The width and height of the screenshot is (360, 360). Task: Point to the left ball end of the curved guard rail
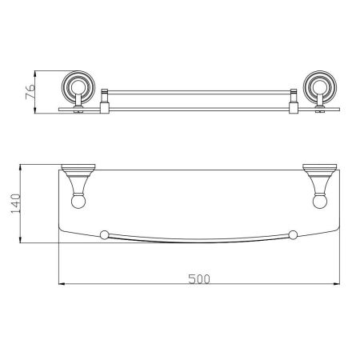coord(102,234)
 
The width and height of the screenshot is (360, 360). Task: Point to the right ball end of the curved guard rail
coord(294,234)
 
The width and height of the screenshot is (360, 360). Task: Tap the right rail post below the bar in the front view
coord(293,103)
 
